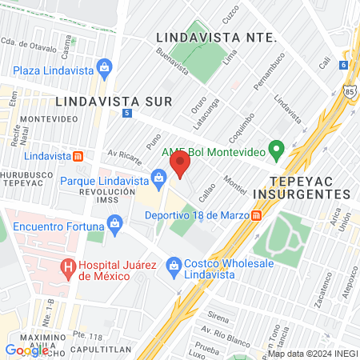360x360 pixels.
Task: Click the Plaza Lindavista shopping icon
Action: pyautogui.click(x=105, y=68)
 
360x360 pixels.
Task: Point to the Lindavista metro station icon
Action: pyautogui.click(x=77, y=155)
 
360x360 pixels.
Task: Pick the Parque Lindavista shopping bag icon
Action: pyautogui.click(x=158, y=175)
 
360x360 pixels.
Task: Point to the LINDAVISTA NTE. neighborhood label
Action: pyautogui.click(x=216, y=38)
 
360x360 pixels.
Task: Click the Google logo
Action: pyautogui.click(x=26, y=350)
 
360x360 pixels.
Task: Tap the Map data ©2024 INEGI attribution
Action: pyautogui.click(x=312, y=354)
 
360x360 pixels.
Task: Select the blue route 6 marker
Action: pyautogui.click(x=343, y=65)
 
